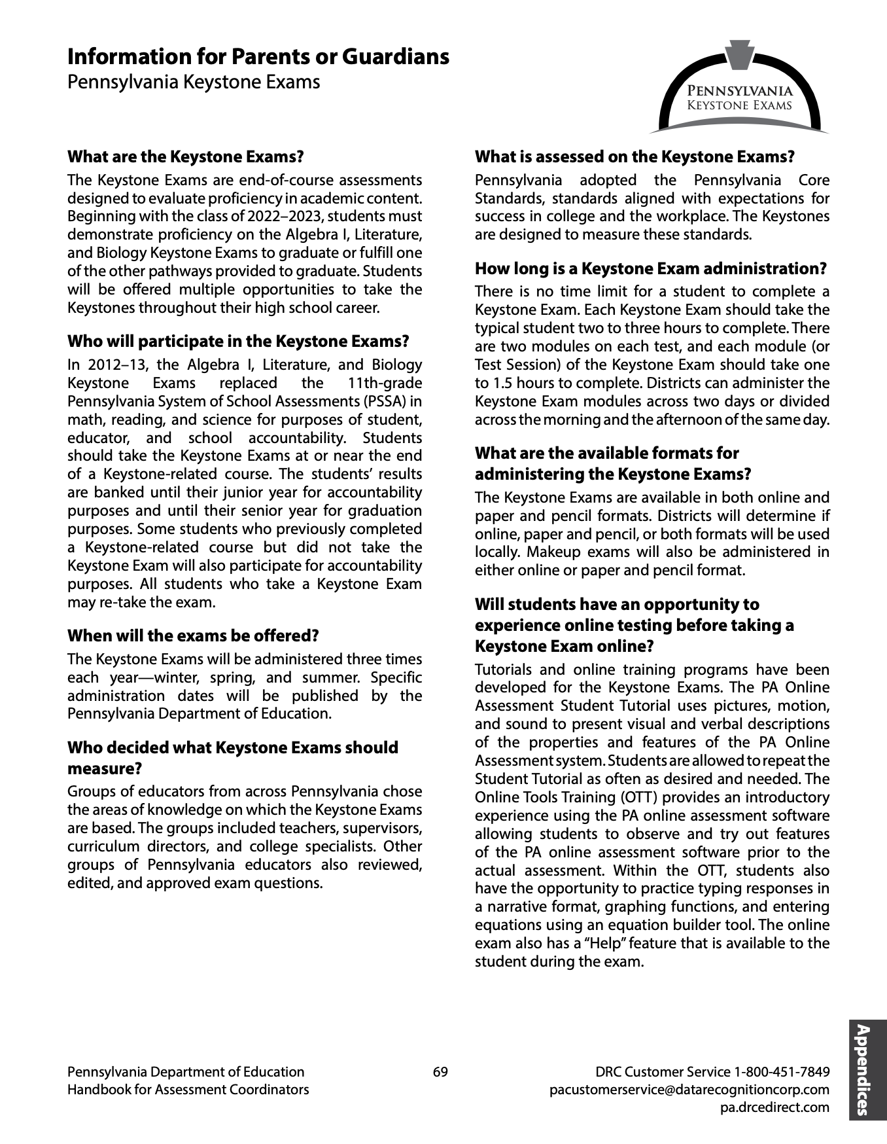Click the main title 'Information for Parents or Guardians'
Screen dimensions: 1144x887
pyautogui.click(x=258, y=57)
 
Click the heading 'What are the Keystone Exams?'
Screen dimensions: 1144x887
pyautogui.click(x=186, y=157)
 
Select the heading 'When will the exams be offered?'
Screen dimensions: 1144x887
pyautogui.click(x=193, y=635)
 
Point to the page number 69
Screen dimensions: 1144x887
pyautogui.click(x=440, y=1072)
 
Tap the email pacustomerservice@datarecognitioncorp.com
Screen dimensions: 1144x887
pyautogui.click(x=689, y=1090)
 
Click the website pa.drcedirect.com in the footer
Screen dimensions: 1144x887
pyautogui.click(x=774, y=1107)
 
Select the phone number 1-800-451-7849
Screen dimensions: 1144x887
pyautogui.click(x=782, y=1072)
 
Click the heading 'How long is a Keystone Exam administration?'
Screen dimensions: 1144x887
pyautogui.click(x=650, y=269)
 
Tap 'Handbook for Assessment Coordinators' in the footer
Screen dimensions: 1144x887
pyautogui.click(x=188, y=1090)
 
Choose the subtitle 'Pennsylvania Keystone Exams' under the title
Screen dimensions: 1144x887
pyautogui.click(x=194, y=82)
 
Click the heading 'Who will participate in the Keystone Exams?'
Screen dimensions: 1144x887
pyautogui.click(x=238, y=342)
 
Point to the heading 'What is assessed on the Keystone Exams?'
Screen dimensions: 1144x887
pyautogui.click(x=635, y=157)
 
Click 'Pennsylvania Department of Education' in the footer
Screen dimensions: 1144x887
pyautogui.click(x=186, y=1072)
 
